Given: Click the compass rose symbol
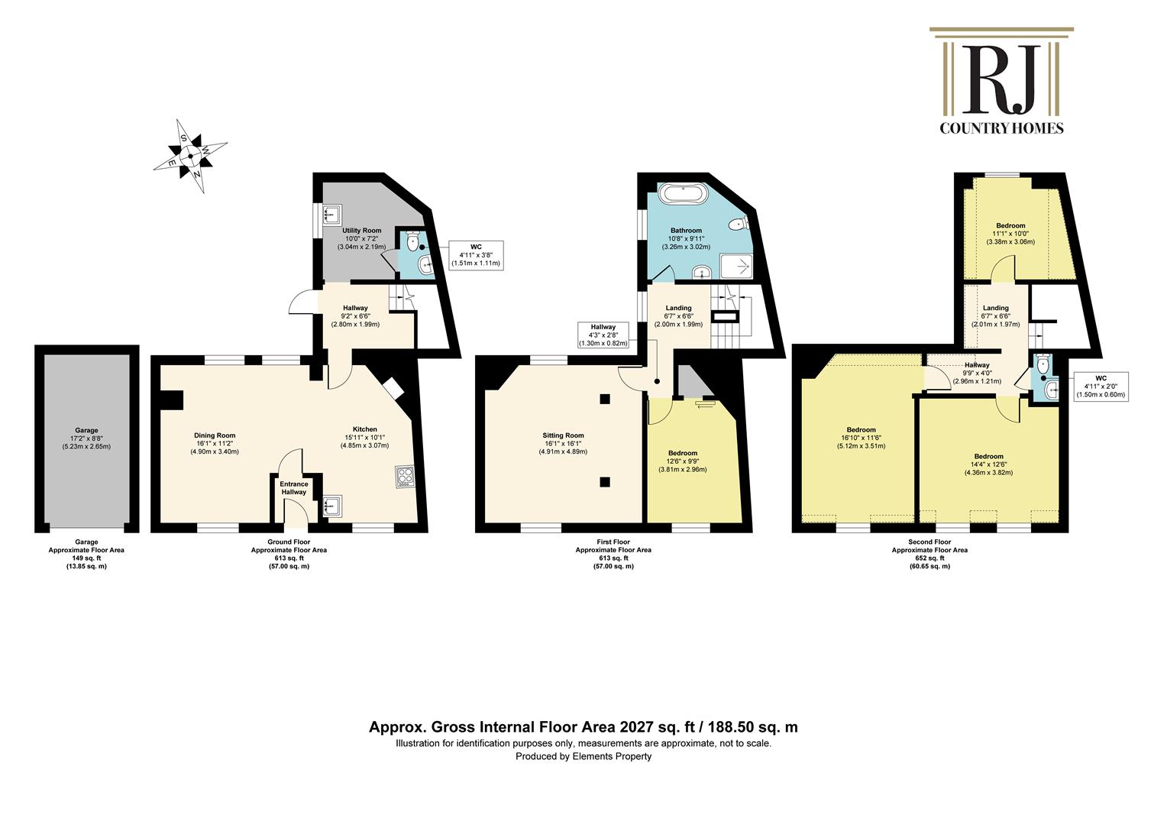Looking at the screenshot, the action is coord(191,156).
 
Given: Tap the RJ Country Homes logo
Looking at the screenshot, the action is coord(1001,81).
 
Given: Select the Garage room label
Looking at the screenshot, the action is coord(86,438).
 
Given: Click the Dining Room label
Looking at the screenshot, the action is coord(215,444).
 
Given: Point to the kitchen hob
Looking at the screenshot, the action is coord(406,477).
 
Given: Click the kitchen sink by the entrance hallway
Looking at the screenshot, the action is coord(332,505).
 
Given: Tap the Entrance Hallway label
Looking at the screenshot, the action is coord(294,488).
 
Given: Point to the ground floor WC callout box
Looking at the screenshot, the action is coord(476,255).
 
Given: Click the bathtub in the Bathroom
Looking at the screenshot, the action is coord(683,193).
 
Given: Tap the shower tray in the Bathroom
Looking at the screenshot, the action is coord(737,266).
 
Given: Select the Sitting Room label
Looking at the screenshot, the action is coord(563,444).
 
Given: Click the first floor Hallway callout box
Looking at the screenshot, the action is coord(603,335).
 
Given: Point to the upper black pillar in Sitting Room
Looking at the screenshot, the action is coord(605,400).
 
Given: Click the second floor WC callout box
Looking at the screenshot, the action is coord(1101,387).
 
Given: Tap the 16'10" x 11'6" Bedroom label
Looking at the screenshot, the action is coord(862,438).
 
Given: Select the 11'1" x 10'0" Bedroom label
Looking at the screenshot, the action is coord(1010,234).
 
